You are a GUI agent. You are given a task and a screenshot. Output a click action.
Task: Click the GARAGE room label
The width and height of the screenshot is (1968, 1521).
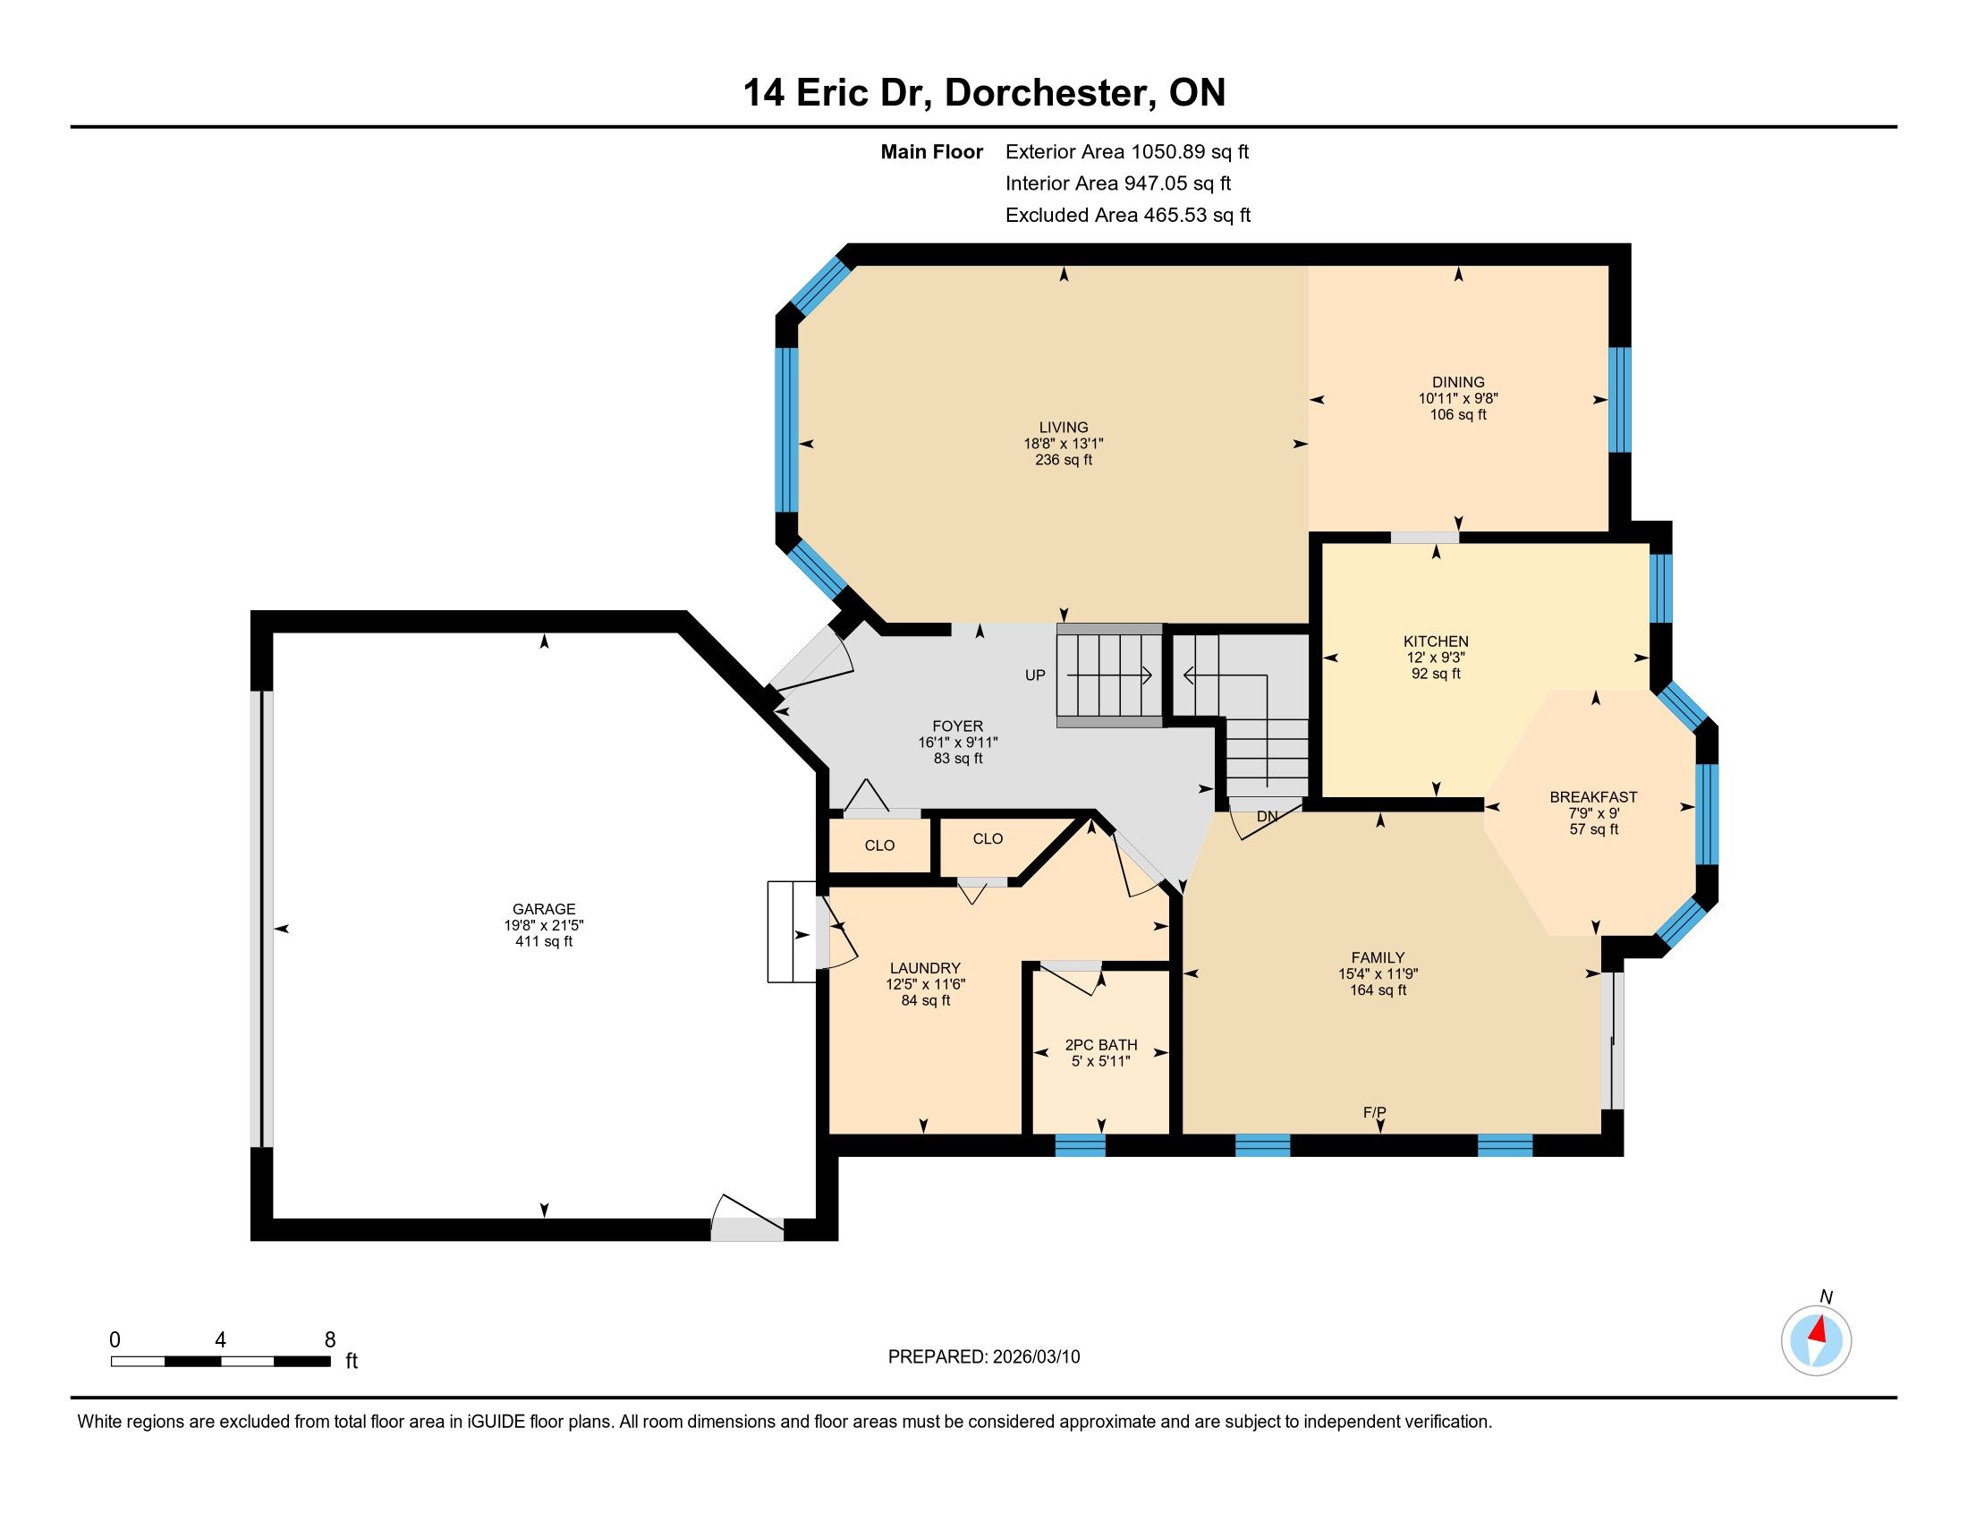point(543,909)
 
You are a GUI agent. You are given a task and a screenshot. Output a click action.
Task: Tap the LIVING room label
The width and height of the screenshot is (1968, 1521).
point(1064,427)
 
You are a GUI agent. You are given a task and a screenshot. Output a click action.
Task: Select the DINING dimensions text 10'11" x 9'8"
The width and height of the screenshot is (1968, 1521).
point(1458,398)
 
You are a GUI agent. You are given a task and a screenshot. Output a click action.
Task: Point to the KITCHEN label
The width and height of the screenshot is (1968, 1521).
point(1436,642)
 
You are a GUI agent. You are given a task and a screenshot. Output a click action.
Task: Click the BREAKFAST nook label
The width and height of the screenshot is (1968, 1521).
point(1593,796)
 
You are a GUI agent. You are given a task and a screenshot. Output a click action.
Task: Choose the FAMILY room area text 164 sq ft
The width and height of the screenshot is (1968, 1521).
point(1378,990)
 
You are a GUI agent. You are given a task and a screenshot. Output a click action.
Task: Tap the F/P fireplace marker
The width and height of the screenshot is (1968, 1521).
point(1374,1113)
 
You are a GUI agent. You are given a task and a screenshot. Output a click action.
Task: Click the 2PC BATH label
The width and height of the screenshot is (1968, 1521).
point(1101,1045)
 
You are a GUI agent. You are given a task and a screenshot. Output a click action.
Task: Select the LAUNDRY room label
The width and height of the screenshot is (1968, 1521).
point(926,969)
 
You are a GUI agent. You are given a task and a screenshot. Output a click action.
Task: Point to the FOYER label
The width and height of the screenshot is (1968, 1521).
point(958,727)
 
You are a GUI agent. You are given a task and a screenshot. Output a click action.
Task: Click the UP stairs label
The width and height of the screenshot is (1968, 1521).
point(1035,675)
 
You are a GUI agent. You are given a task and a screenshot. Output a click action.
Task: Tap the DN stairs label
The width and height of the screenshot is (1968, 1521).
point(1267,816)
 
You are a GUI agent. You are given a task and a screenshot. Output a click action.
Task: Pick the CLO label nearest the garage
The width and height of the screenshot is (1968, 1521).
point(879,845)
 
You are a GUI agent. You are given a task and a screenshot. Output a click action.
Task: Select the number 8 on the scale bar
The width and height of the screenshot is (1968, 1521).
point(330,1339)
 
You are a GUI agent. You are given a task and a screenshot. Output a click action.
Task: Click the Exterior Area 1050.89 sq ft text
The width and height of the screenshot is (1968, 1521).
point(1127,151)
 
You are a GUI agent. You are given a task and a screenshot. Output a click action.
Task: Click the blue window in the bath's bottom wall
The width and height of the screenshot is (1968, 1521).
point(1080,1145)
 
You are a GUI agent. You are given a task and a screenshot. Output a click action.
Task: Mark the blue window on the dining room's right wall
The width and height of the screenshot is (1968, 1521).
point(1619,399)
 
